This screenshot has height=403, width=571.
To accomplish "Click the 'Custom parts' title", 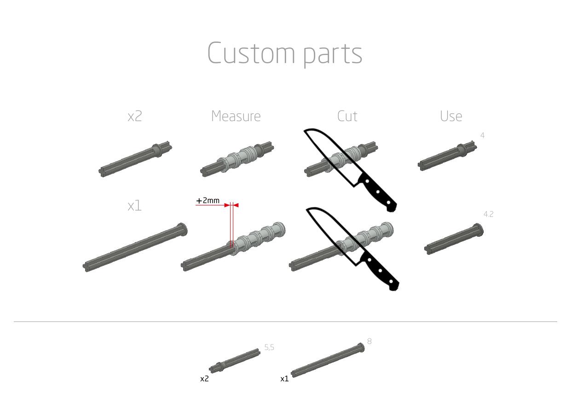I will [285, 53].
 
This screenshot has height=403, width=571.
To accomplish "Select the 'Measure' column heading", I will [236, 116].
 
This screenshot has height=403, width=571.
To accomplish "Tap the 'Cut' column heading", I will [347, 116].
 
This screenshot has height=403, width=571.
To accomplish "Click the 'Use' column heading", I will [451, 116].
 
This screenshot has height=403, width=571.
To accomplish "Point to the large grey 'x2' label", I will [135, 117].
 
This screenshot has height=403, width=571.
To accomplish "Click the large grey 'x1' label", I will [134, 206].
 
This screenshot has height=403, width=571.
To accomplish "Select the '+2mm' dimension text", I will [208, 201].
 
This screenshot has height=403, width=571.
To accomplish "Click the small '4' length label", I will [482, 135].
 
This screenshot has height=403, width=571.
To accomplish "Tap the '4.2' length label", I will [488, 214].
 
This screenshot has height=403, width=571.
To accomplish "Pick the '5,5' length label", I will [269, 348].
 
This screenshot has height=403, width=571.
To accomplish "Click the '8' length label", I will [369, 341].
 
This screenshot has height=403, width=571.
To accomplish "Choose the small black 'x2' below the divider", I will [204, 379].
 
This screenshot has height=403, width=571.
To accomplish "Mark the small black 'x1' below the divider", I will [284, 379].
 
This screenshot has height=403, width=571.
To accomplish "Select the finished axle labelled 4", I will [446, 157].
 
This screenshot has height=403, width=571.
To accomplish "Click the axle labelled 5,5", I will [235, 361].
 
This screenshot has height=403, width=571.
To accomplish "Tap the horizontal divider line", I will [285, 321].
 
